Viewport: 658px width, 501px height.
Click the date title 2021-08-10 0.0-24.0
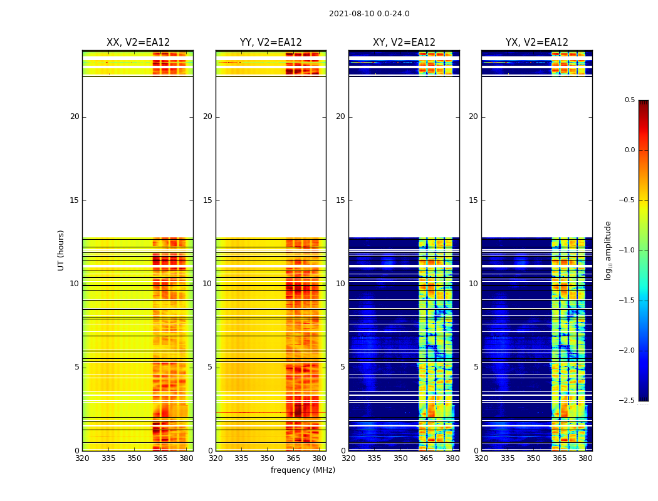[369, 14]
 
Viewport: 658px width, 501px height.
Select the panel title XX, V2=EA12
[138, 43]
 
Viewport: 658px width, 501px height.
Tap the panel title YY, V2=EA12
[271, 43]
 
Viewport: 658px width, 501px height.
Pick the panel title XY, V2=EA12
[404, 43]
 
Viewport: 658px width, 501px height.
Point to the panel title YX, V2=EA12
[537, 43]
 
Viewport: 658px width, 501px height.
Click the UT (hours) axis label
[61, 250]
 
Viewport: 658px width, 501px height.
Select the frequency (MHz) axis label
[303, 470]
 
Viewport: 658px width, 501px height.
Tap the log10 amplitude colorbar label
[608, 250]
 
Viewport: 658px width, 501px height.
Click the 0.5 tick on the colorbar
[629, 100]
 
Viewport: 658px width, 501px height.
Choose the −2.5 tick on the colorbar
[627, 401]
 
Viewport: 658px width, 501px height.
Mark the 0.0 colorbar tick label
[629, 150]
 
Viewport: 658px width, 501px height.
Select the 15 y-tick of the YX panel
[474, 200]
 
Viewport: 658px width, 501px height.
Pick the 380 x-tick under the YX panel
[585, 458]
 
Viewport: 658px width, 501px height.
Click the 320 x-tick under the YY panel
[216, 458]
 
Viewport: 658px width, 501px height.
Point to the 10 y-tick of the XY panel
[340, 284]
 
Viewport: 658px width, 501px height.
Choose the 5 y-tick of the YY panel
[210, 367]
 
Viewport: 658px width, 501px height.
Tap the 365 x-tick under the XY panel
[426, 458]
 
